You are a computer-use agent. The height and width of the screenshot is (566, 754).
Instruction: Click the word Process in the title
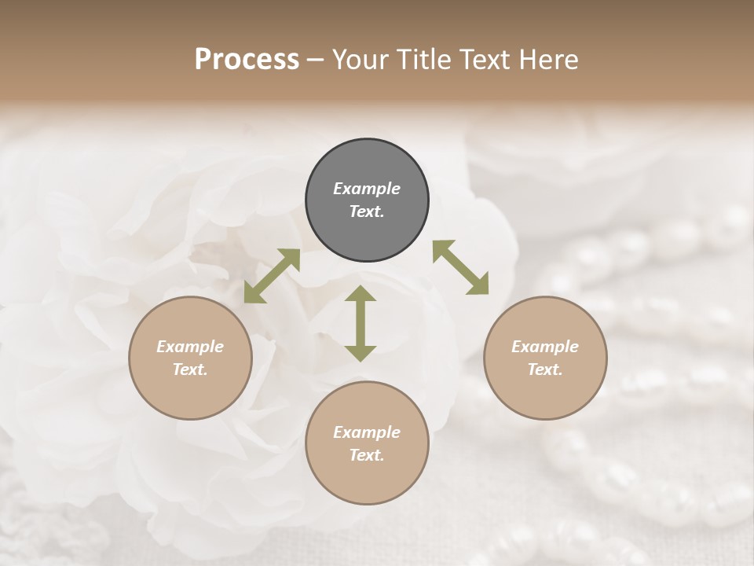pos(247,60)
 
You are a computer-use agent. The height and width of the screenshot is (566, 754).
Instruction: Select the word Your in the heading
pos(359,60)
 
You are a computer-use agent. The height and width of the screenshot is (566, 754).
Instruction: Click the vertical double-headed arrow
pos(361,323)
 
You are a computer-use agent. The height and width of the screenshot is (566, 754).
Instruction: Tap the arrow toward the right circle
pos(461,267)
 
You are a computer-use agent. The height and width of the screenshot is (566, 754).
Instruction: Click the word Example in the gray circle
pos(367,189)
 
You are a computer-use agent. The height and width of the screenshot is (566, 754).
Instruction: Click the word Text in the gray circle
pos(367,211)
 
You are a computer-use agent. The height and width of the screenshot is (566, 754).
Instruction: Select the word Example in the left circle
pos(190,347)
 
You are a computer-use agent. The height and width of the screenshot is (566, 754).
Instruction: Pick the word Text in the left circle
pos(190,369)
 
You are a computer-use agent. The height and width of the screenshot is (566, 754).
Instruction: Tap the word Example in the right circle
pos(545,347)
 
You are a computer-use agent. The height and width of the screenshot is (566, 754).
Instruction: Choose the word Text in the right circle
pos(545,369)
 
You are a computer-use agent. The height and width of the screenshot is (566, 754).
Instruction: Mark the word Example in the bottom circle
pos(367,432)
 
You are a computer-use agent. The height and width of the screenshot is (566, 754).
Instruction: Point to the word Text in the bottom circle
pos(367,455)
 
